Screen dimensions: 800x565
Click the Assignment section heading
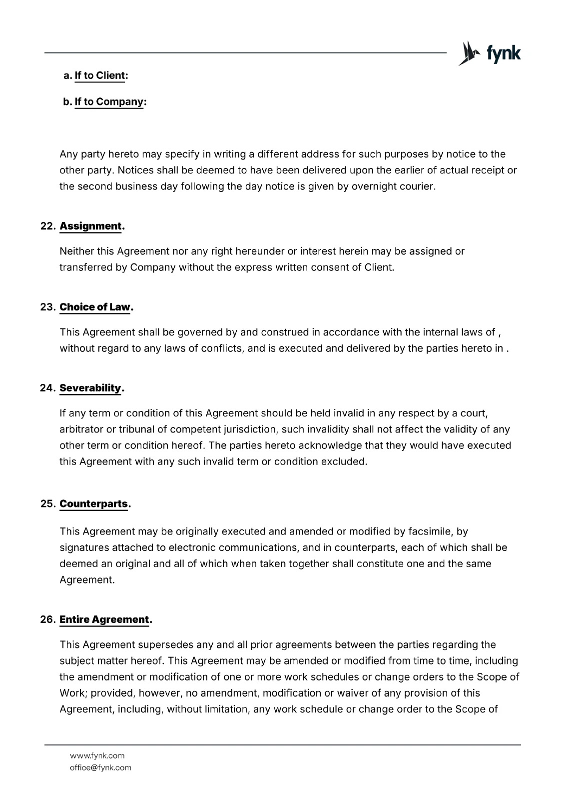tap(91, 226)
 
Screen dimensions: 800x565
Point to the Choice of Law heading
tap(95, 307)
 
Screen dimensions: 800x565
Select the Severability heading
tap(91, 388)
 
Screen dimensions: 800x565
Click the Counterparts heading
tap(94, 503)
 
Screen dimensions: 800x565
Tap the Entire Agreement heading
tap(104, 619)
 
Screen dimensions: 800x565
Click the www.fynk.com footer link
tap(97, 755)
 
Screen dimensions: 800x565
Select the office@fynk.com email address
tap(100, 767)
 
